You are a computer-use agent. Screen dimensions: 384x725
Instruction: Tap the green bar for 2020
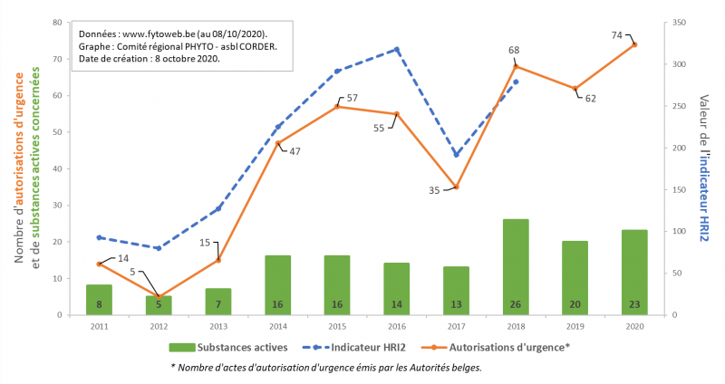coord(634,272)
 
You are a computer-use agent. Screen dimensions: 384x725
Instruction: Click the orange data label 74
coord(616,35)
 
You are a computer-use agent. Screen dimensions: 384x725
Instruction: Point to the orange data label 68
coord(513,50)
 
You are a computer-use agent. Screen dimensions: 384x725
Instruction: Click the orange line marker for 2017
coord(457,187)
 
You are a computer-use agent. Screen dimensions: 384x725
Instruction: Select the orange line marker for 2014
coord(277,143)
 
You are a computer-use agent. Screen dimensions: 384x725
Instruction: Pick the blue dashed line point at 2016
coord(397,49)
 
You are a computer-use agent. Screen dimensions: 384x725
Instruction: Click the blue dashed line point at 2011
coord(99,237)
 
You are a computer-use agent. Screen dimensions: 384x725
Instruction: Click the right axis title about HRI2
coord(704,168)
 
